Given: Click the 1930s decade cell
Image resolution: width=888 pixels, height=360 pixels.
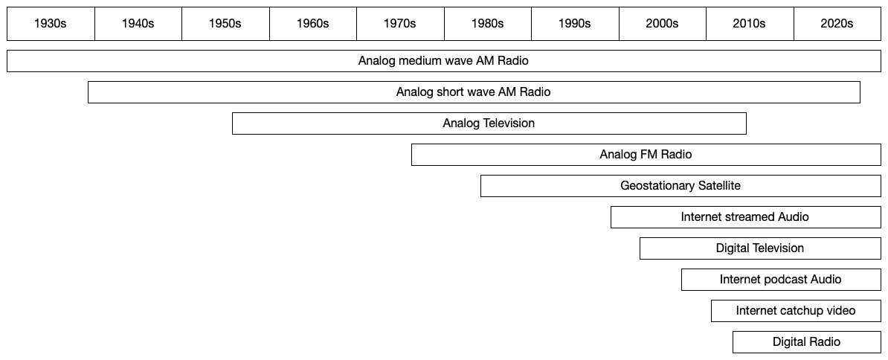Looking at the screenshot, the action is (x=51, y=24).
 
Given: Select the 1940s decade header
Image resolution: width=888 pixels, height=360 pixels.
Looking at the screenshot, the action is (x=138, y=24).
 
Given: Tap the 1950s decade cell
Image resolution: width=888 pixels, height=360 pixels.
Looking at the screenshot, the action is (x=225, y=24).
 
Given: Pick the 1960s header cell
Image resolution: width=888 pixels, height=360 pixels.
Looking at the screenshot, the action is (x=313, y=24).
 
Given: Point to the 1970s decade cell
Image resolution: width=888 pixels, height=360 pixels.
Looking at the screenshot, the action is (x=400, y=24).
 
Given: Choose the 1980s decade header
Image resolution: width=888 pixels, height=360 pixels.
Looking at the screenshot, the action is (x=488, y=24).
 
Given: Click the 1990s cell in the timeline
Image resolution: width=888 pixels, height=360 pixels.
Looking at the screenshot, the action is (x=575, y=24).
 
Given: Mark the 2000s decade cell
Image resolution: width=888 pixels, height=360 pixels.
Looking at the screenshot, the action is (x=663, y=24).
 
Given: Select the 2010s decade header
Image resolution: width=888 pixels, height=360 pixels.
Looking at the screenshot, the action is (x=750, y=24).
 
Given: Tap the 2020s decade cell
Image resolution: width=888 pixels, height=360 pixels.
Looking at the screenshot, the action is (x=837, y=24).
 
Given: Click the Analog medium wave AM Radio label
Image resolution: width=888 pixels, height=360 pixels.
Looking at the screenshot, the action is (x=443, y=61).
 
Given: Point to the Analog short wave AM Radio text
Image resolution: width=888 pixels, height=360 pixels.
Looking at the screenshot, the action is (x=473, y=92).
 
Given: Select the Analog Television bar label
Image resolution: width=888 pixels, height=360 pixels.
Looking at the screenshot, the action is (x=489, y=123).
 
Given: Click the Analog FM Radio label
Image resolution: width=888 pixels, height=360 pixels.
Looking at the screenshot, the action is (x=646, y=155).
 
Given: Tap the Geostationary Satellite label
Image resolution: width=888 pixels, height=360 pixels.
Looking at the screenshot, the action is (x=681, y=186).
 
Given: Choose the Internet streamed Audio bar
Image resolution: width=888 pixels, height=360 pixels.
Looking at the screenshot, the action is (x=745, y=217).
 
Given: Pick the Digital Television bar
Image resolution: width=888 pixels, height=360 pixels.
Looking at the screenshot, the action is (x=760, y=248).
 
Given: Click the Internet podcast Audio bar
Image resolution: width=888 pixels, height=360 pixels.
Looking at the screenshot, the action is (x=781, y=280).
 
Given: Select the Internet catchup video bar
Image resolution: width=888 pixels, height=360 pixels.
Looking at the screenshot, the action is (x=796, y=311).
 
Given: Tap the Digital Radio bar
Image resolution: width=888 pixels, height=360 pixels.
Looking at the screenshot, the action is (x=806, y=342).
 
